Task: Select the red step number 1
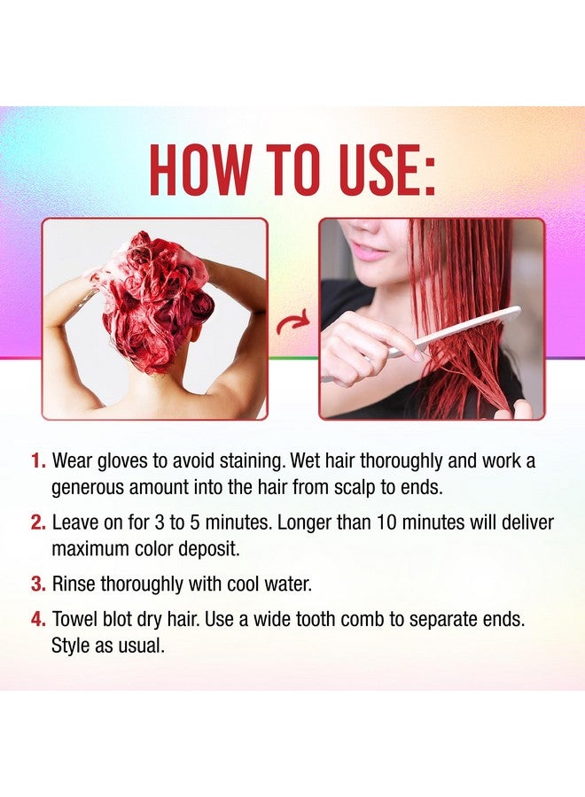click(37, 461)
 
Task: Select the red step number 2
click(37, 523)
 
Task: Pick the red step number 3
click(37, 584)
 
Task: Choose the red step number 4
click(37, 620)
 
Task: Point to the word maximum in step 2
click(92, 549)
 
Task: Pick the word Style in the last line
click(72, 646)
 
